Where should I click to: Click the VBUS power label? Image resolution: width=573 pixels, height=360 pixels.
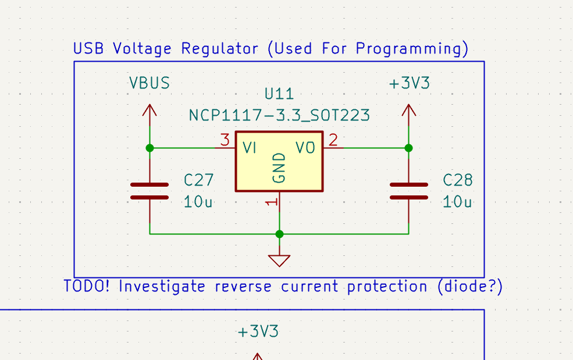click(x=150, y=83)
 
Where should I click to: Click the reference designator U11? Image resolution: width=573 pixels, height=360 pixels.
click(x=279, y=94)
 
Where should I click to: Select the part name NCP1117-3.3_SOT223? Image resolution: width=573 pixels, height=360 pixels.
click(x=279, y=115)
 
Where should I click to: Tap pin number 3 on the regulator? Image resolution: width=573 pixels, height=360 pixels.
click(x=225, y=140)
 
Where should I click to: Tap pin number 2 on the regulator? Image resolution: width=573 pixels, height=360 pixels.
click(x=333, y=140)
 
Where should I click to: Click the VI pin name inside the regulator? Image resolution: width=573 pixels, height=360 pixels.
click(x=250, y=148)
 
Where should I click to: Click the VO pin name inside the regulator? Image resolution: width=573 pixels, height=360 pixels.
click(x=305, y=148)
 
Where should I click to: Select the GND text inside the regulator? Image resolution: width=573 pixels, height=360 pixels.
click(x=280, y=168)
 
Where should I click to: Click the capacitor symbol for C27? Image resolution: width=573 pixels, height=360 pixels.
click(x=150, y=191)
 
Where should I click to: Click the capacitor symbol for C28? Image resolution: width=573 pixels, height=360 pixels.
click(x=408, y=191)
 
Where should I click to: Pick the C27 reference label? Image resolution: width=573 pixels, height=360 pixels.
click(x=198, y=180)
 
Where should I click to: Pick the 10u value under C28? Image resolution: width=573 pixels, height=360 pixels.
click(x=457, y=202)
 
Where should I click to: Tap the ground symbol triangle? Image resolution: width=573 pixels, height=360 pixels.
click(x=280, y=260)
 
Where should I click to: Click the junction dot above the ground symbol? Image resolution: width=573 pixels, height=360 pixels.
click(x=280, y=234)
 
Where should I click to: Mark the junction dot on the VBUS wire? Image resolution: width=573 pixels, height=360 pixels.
click(x=150, y=148)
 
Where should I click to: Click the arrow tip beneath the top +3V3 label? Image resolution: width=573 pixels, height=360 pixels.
click(x=408, y=107)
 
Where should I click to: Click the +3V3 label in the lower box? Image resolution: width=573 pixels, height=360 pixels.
click(x=258, y=332)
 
